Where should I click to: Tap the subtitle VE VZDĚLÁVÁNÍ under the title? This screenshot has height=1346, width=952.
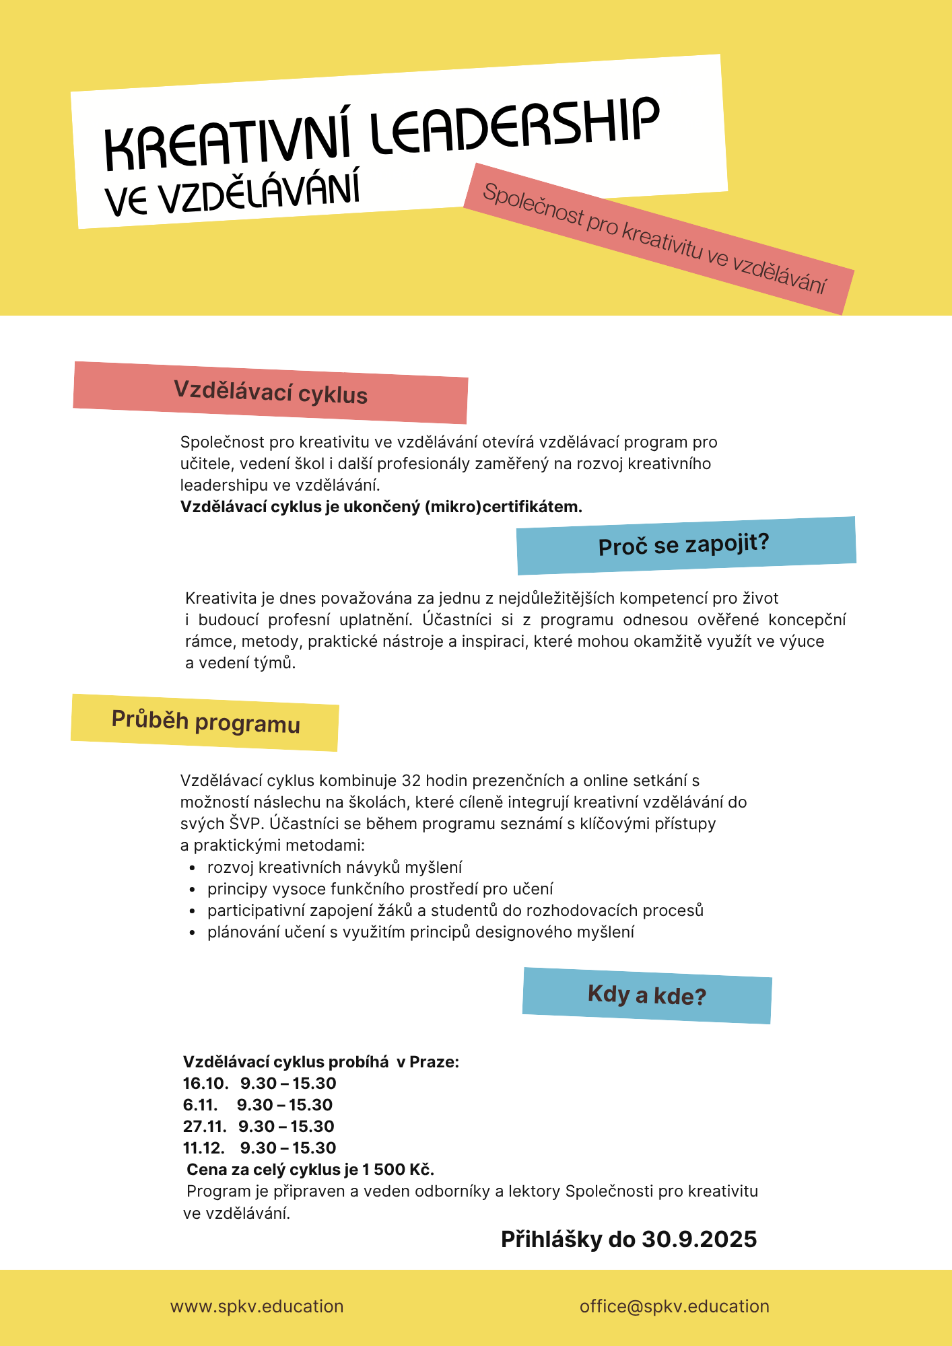tap(232, 192)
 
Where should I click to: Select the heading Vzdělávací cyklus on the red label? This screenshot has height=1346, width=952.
tap(271, 392)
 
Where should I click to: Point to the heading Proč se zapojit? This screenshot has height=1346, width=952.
tap(683, 544)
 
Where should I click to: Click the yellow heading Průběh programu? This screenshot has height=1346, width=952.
tap(205, 722)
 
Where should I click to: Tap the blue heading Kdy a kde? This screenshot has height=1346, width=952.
tap(646, 995)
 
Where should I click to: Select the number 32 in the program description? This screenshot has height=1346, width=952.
tap(411, 781)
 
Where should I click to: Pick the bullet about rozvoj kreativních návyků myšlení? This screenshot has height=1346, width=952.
tap(335, 867)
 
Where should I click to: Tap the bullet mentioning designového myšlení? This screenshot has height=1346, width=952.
tap(421, 932)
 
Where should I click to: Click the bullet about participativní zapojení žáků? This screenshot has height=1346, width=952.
tap(455, 911)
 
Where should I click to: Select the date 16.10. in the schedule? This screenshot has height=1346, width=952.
tap(205, 1084)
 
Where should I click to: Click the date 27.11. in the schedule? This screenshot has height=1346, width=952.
tap(205, 1127)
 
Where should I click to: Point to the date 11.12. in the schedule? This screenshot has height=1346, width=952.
tap(203, 1148)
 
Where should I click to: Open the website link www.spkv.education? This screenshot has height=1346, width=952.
tap(257, 1306)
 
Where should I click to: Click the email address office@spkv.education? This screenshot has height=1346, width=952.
tap(674, 1306)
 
